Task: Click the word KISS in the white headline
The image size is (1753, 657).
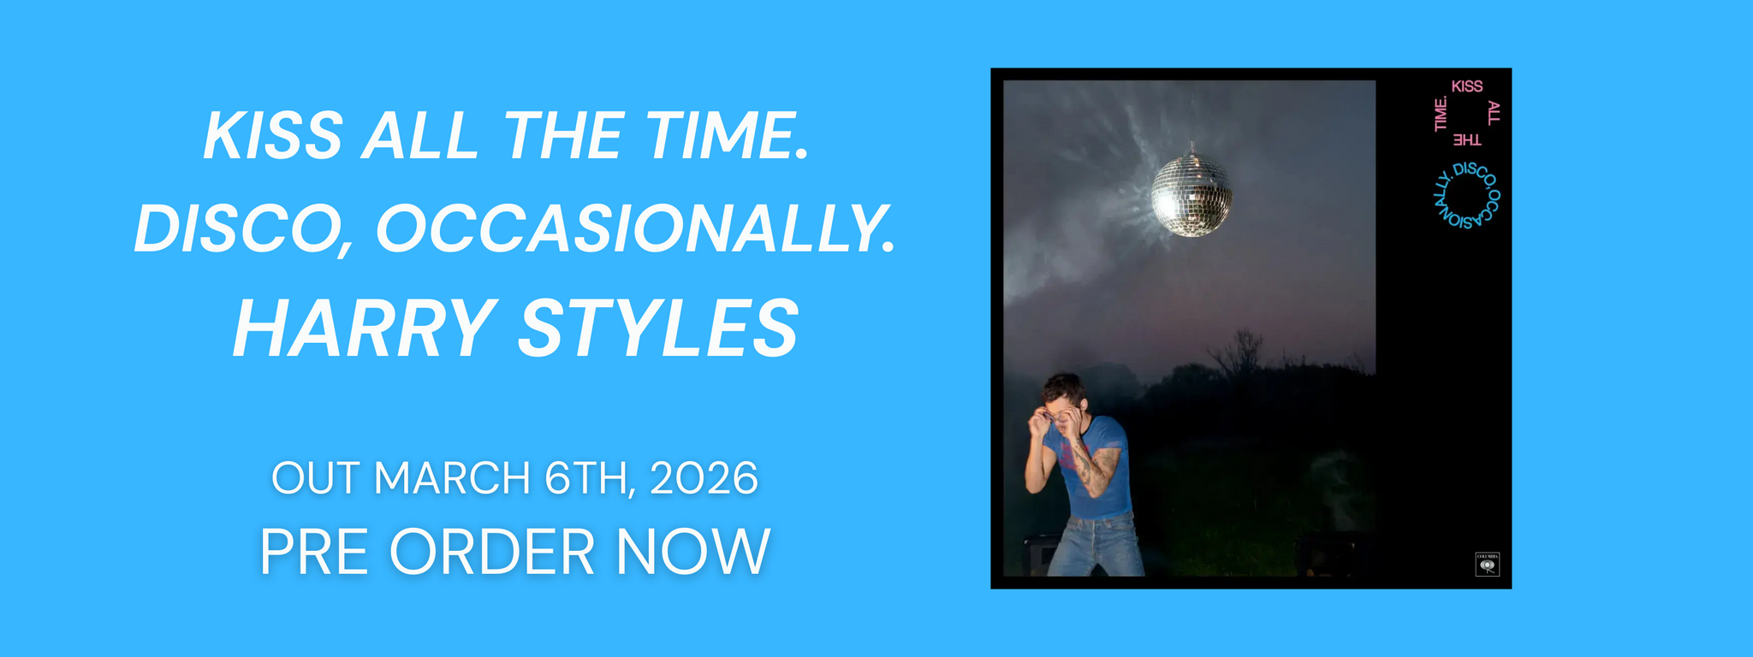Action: pos(273,137)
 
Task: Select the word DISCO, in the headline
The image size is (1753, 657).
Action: pos(243,229)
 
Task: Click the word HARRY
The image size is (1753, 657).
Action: pos(364,328)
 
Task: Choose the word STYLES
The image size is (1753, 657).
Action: pos(658,328)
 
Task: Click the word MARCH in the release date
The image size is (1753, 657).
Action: pos(452,477)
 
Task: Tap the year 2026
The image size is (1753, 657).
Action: pos(704,477)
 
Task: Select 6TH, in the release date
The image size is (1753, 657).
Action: pos(590,477)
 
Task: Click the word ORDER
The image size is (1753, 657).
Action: pos(492,552)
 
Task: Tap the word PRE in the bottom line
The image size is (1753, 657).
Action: pos(314,552)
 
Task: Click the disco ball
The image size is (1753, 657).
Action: pos(1191,194)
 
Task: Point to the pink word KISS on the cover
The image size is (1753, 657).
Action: pos(1466,86)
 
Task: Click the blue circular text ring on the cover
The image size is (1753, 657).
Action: pos(1466,195)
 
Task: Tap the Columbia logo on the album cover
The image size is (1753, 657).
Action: pos(1487,565)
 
